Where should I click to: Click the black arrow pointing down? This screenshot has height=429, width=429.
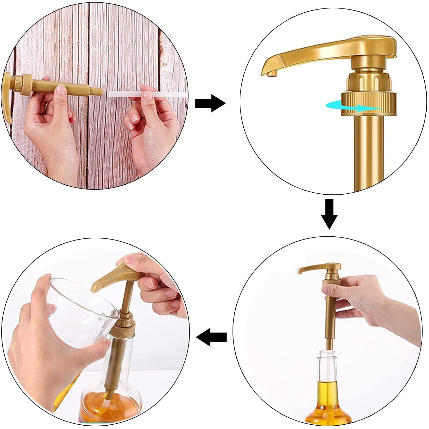tap(329, 213)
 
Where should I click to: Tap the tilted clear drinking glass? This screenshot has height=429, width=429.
tap(77, 304)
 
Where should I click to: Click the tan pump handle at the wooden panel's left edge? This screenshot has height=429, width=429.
tap(8, 98)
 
